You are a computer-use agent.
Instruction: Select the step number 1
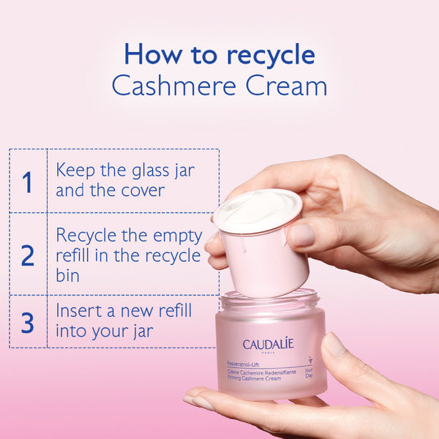(27, 182)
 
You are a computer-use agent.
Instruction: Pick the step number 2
(27, 255)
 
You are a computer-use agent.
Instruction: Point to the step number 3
(27, 323)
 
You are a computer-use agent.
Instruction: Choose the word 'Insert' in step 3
(78, 310)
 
